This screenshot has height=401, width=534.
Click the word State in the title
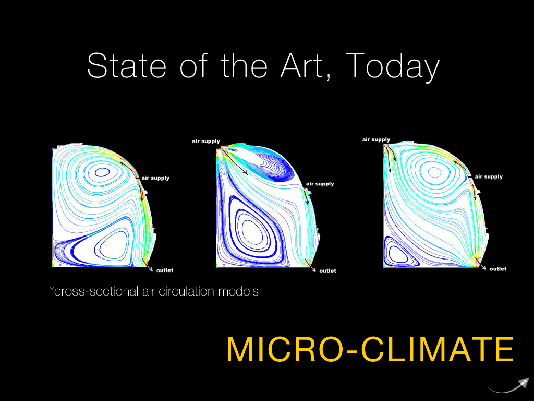click(127, 65)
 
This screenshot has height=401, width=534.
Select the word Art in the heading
click(302, 66)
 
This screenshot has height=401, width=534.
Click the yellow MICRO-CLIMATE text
click(370, 349)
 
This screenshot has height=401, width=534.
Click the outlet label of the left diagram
click(165, 270)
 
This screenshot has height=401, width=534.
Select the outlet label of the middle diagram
click(327, 271)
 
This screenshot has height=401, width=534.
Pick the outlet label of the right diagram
click(498, 269)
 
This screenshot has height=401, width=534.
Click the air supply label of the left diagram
click(155, 178)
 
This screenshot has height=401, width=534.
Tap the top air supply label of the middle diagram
click(206, 141)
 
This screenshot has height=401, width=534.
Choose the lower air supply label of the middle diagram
click(320, 184)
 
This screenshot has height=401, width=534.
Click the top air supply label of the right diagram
click(376, 139)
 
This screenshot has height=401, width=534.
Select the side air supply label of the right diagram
click(489, 176)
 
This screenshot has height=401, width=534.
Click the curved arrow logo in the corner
click(508, 386)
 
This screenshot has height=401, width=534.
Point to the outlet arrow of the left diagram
click(149, 267)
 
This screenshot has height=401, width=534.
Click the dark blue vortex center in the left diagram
click(102, 172)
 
